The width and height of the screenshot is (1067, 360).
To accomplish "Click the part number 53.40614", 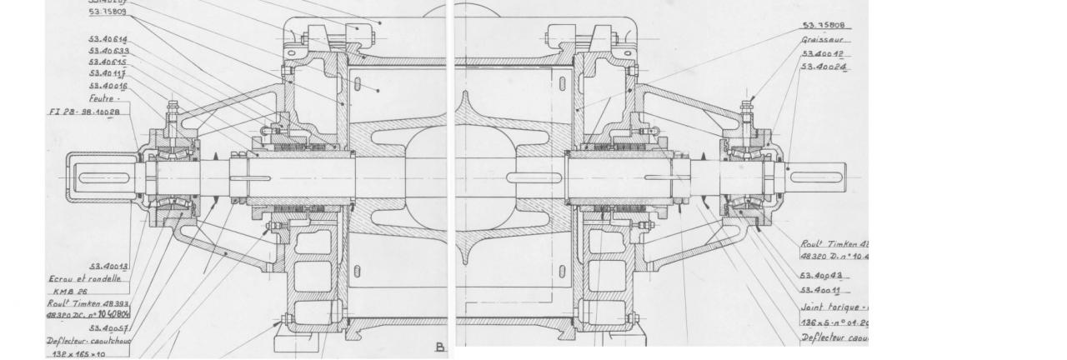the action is pyautogui.click(x=108, y=39).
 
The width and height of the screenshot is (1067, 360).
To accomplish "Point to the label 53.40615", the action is pyautogui.click(x=108, y=62).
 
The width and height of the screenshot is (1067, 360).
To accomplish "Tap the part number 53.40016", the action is pyautogui.click(x=108, y=86).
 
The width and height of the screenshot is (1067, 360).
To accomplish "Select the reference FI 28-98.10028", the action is pyautogui.click(x=84, y=112).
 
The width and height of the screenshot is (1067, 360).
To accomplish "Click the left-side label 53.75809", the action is pyautogui.click(x=108, y=12).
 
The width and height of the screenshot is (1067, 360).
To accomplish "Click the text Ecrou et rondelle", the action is pyautogui.click(x=85, y=279).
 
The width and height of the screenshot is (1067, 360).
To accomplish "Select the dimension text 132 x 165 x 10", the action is pyautogui.click(x=77, y=353).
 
